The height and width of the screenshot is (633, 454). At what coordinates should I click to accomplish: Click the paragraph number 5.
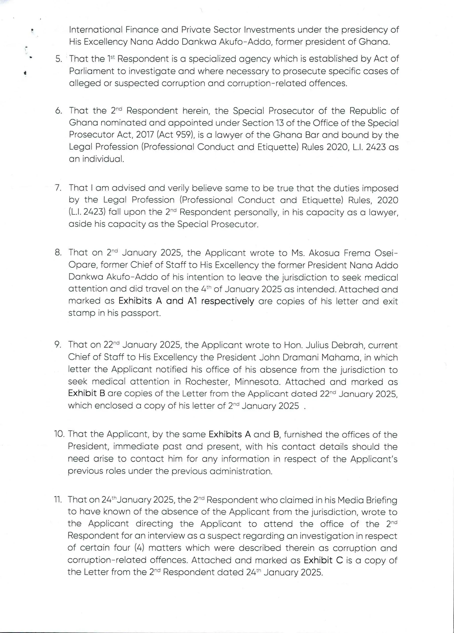click(x=58, y=59)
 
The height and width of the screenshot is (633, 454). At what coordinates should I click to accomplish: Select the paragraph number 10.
click(x=59, y=434)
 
